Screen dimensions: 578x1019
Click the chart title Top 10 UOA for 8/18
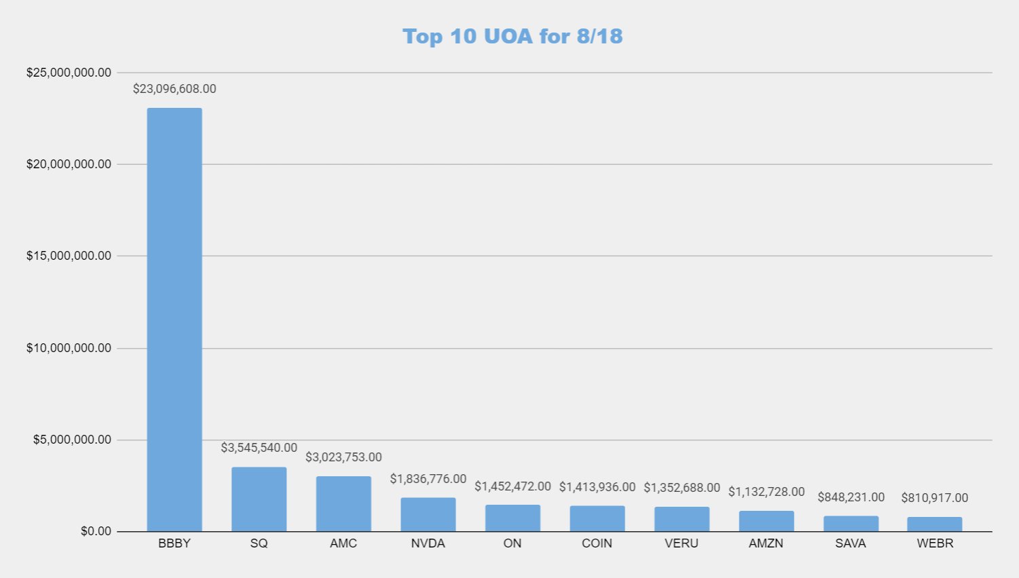click(x=513, y=36)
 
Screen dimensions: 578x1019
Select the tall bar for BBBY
click(x=174, y=319)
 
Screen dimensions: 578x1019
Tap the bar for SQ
click(x=259, y=499)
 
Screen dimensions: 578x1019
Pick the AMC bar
click(x=344, y=504)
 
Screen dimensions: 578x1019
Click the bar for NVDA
click(x=428, y=515)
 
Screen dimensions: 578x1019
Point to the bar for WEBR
click(x=935, y=524)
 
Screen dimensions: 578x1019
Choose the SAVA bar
click(x=851, y=524)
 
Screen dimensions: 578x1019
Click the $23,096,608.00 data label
click(x=174, y=89)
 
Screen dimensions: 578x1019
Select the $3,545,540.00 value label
click(x=259, y=448)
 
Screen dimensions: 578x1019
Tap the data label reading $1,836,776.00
click(x=428, y=479)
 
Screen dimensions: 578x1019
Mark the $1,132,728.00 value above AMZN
click(x=766, y=492)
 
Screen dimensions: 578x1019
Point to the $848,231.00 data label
click(x=851, y=497)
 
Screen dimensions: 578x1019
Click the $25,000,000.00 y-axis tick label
click(x=69, y=73)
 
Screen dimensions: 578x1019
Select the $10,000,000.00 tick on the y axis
click(x=69, y=348)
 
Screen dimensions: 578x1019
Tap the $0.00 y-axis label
click(x=96, y=531)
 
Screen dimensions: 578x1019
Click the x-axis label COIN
click(x=597, y=543)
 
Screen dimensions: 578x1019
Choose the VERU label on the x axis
click(x=682, y=543)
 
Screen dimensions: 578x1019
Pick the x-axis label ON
click(x=513, y=543)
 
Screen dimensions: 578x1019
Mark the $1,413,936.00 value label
click(x=597, y=487)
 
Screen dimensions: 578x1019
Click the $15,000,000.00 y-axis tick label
click(x=69, y=256)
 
